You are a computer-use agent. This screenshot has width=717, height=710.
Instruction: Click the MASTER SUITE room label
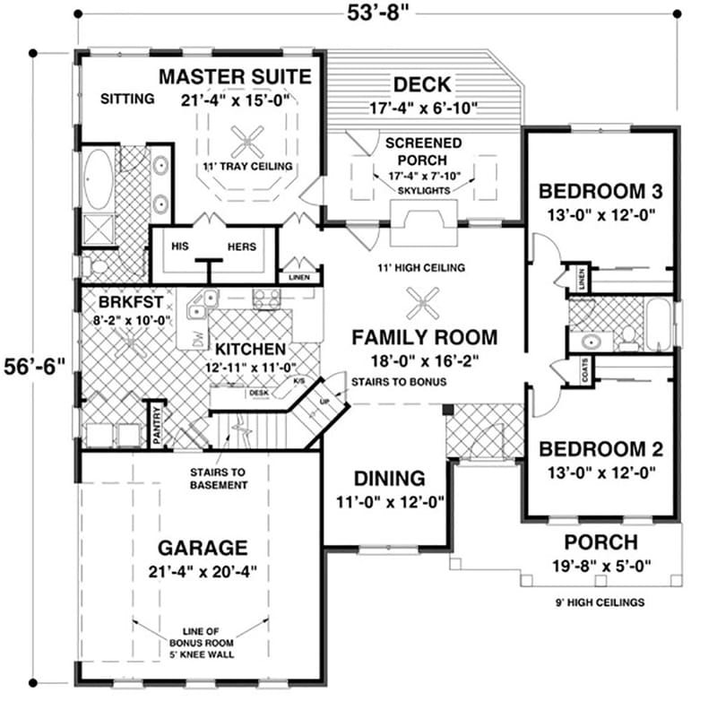(x=236, y=76)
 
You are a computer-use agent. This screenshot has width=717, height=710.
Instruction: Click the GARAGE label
(x=203, y=547)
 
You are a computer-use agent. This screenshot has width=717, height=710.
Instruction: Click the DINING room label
(x=389, y=478)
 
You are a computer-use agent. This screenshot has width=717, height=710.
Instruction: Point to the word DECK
(x=422, y=85)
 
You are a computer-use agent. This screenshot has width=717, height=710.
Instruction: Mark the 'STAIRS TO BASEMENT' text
(x=218, y=478)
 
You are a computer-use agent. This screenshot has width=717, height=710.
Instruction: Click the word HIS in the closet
(x=180, y=247)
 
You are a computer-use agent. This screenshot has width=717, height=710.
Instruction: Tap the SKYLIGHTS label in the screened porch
(x=425, y=191)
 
